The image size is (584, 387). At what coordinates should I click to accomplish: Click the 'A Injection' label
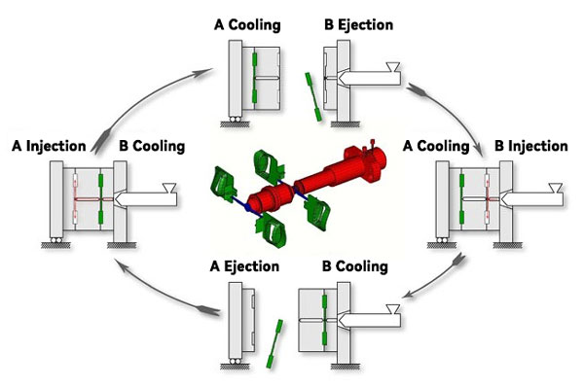coord(49,146)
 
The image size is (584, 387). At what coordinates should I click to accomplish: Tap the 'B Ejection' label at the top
coord(358,25)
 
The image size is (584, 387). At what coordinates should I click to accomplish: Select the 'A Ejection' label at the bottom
coord(244,266)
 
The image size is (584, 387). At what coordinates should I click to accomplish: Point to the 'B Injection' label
coord(531,146)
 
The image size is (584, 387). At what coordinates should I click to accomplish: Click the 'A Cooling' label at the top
coord(247,25)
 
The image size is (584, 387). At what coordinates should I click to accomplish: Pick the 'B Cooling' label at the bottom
coord(355,266)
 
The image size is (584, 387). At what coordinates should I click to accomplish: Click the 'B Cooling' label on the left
coord(152,146)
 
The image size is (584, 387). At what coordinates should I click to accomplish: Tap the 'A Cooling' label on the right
coord(436,146)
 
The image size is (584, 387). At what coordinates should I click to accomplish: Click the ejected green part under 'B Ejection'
coord(313,97)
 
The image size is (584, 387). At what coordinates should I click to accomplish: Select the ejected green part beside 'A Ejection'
coord(274,344)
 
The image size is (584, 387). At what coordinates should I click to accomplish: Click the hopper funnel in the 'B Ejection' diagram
coord(393,67)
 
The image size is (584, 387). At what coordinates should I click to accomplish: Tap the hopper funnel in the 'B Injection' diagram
coord(556,188)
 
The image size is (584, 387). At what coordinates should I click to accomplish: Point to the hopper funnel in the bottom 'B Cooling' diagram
coord(393,309)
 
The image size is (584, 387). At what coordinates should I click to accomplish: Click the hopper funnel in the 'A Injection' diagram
coord(169,188)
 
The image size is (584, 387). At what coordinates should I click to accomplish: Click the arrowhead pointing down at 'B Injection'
coord(478,149)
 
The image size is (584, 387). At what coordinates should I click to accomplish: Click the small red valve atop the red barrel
coord(372,144)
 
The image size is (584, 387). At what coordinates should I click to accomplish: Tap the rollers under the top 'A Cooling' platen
coord(235,120)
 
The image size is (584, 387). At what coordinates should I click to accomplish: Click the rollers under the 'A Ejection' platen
coord(235,362)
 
